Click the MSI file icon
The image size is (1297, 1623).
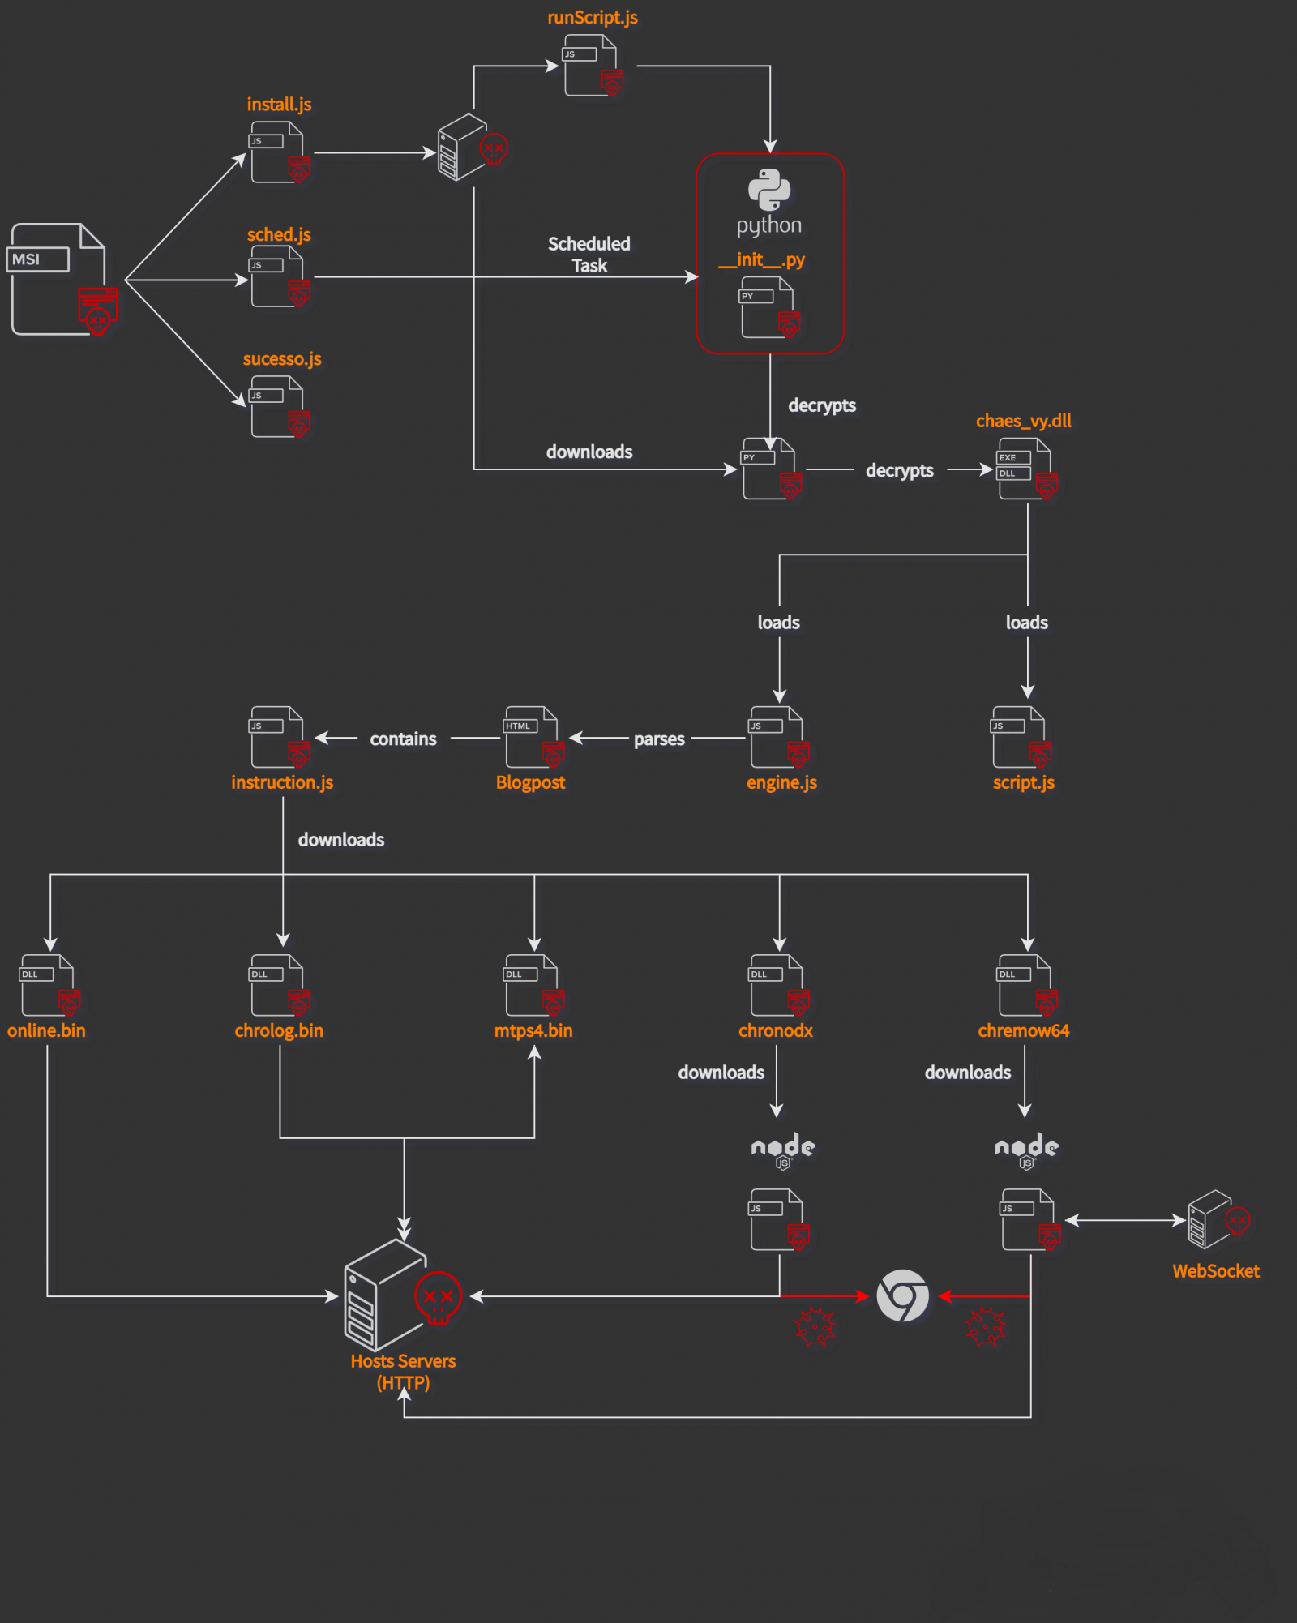tap(61, 279)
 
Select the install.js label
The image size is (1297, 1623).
tap(279, 105)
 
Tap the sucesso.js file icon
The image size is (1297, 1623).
tap(278, 406)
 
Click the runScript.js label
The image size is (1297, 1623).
tap(592, 18)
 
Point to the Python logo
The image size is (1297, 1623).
tap(768, 190)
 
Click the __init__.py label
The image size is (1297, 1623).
tap(761, 260)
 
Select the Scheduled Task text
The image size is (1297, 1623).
tap(589, 255)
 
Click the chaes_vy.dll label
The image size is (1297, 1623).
tap(1023, 421)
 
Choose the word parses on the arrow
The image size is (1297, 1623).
tap(659, 739)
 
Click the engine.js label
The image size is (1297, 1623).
tap(781, 782)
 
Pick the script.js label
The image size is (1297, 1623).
tap(1023, 782)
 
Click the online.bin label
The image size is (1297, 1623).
tap(46, 1030)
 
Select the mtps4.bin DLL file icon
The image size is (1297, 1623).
tap(532, 985)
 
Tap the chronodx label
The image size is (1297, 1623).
tap(775, 1030)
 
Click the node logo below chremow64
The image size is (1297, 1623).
tap(1026, 1150)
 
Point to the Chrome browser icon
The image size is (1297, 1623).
tap(902, 1295)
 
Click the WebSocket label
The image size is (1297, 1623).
tap(1215, 1271)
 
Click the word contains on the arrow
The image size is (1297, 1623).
tap(403, 739)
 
